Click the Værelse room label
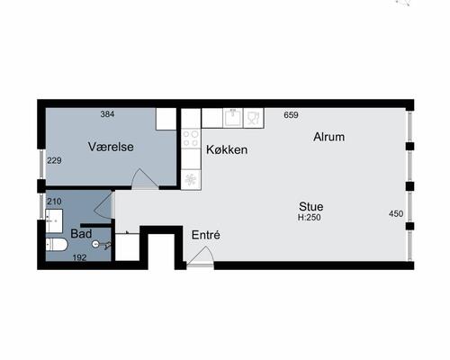(x=111, y=147)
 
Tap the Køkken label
(x=227, y=149)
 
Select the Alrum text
(x=328, y=137)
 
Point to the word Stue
(x=311, y=206)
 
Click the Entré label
(x=206, y=235)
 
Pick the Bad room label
(x=81, y=234)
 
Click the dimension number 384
(x=107, y=114)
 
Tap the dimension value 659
(x=291, y=115)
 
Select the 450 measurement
(x=396, y=213)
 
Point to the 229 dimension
(x=54, y=160)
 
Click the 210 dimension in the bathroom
(x=54, y=202)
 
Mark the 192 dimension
(x=79, y=257)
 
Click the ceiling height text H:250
(x=310, y=218)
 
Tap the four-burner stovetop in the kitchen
(x=191, y=139)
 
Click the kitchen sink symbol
(x=233, y=118)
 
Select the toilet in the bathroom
(x=57, y=245)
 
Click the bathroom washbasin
(x=54, y=220)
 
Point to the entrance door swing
(x=200, y=256)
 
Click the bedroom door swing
(x=145, y=179)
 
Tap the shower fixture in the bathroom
(x=102, y=245)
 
